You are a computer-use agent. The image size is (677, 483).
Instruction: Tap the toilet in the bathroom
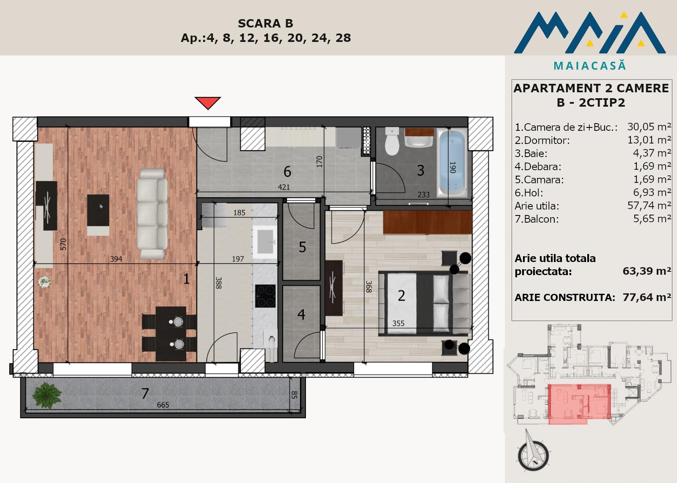point(392,141)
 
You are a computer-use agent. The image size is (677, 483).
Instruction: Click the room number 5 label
point(302,247)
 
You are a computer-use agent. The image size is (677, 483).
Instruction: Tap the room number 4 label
point(301,315)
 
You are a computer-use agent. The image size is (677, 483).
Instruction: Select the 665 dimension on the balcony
point(163,405)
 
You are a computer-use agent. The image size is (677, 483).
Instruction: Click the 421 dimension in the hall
point(284,187)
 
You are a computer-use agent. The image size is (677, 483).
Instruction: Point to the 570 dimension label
point(63,244)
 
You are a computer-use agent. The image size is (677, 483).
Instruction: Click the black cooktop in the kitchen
point(265,296)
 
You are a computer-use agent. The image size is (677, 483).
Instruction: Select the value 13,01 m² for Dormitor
point(649,140)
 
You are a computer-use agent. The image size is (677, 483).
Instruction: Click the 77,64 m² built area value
point(647,297)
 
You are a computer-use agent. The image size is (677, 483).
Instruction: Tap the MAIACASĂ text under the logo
point(590,66)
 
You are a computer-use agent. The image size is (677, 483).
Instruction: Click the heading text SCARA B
point(265,23)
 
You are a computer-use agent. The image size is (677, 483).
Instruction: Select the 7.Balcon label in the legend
point(537,219)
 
